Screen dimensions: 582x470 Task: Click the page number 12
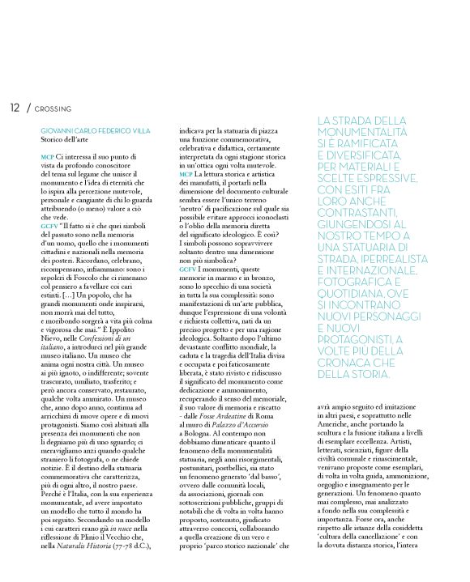15,107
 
